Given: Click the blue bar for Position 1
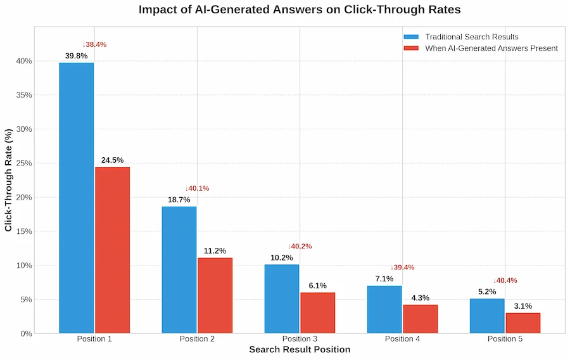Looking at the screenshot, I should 77,198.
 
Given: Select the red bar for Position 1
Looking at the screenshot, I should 112,250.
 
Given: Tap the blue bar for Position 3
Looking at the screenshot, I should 282,299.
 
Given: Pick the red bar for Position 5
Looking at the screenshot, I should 522,323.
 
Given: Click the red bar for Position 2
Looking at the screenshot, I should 215,295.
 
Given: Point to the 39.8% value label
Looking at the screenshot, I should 76,56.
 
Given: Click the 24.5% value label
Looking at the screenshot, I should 112,160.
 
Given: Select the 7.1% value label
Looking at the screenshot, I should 384,279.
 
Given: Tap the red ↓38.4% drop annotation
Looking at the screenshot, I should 94,45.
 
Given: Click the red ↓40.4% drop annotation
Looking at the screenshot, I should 505,281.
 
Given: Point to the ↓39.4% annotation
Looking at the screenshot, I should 402,267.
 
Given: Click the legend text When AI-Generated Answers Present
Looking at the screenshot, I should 491,48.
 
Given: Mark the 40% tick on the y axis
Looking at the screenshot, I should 24,61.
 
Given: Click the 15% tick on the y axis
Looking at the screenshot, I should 24,231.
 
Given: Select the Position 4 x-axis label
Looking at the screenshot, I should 402,339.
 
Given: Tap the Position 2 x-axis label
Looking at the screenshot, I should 197,339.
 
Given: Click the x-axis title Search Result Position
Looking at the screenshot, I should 300,350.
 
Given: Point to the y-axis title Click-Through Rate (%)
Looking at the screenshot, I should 9,180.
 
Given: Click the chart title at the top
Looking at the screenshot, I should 300,10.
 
